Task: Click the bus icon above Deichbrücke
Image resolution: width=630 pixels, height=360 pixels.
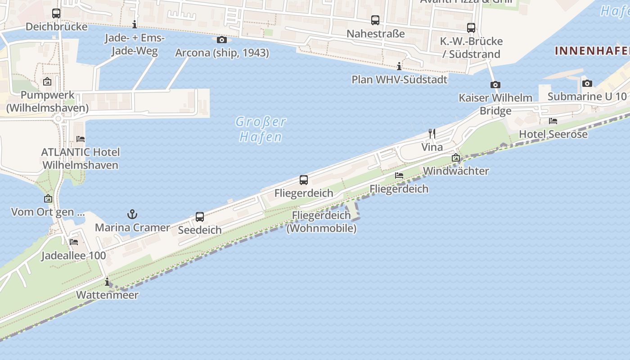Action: tap(56, 13)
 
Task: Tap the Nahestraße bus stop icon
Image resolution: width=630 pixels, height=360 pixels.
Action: tap(375, 20)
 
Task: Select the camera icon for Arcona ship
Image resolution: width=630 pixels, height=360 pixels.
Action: tap(221, 40)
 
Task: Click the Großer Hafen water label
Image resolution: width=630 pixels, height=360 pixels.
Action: tap(261, 129)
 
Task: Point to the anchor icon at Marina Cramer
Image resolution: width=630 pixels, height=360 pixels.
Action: tap(132, 214)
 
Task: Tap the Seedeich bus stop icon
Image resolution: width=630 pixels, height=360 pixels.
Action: tap(200, 217)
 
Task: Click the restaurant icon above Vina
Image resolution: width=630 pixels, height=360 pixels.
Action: tap(432, 134)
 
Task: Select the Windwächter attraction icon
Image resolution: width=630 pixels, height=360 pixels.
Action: tap(456, 157)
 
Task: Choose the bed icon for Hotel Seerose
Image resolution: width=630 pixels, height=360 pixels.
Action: tap(553, 121)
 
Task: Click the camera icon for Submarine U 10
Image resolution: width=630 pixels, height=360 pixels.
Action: tap(587, 83)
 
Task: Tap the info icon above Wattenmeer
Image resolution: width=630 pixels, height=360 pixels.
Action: tap(107, 282)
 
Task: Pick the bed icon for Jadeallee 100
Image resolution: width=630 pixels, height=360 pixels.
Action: tap(74, 242)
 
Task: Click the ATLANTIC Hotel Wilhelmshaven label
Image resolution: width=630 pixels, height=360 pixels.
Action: tap(80, 158)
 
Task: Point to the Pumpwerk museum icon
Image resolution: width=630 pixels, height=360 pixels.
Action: tap(47, 81)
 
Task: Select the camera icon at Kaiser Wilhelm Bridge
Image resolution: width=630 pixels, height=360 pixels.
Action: tap(495, 85)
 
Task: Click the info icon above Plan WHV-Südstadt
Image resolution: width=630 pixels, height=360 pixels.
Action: tap(399, 66)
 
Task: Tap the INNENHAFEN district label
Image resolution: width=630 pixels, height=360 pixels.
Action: tap(592, 51)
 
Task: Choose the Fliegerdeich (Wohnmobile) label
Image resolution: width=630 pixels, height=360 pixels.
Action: tap(321, 221)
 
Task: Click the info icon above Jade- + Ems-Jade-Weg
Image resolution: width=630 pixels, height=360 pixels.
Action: tap(135, 24)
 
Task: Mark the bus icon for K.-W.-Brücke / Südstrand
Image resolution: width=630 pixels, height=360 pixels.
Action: tap(471, 28)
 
